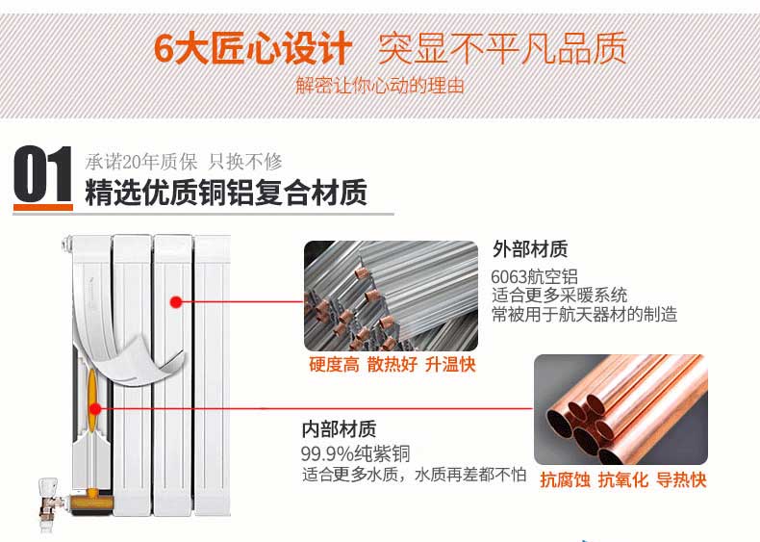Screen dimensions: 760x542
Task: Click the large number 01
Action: (x=42, y=174)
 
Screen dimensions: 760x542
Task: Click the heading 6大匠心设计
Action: (x=252, y=48)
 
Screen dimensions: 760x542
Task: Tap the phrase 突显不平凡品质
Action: (x=502, y=48)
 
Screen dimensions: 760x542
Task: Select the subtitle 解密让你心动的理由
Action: (x=380, y=86)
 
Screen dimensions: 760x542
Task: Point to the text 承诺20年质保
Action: (x=141, y=162)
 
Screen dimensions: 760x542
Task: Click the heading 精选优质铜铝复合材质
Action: (x=226, y=193)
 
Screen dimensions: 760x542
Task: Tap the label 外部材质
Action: (x=530, y=249)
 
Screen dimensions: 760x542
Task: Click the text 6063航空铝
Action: (x=535, y=276)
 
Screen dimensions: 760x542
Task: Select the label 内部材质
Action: (x=339, y=429)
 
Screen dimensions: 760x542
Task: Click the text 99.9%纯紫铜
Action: (x=355, y=453)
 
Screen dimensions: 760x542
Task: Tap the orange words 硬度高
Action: (x=334, y=365)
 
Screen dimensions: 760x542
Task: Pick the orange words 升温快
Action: (x=450, y=365)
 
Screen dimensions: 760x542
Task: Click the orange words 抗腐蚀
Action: (x=565, y=479)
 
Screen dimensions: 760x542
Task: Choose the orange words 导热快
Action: (x=681, y=479)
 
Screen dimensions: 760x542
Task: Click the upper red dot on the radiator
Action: (x=176, y=302)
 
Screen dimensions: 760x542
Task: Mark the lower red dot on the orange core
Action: (x=95, y=409)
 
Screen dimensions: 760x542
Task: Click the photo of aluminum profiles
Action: (x=391, y=296)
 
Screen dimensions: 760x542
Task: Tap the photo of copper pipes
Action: (x=621, y=409)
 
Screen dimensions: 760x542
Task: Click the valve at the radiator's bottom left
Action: (x=49, y=503)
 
